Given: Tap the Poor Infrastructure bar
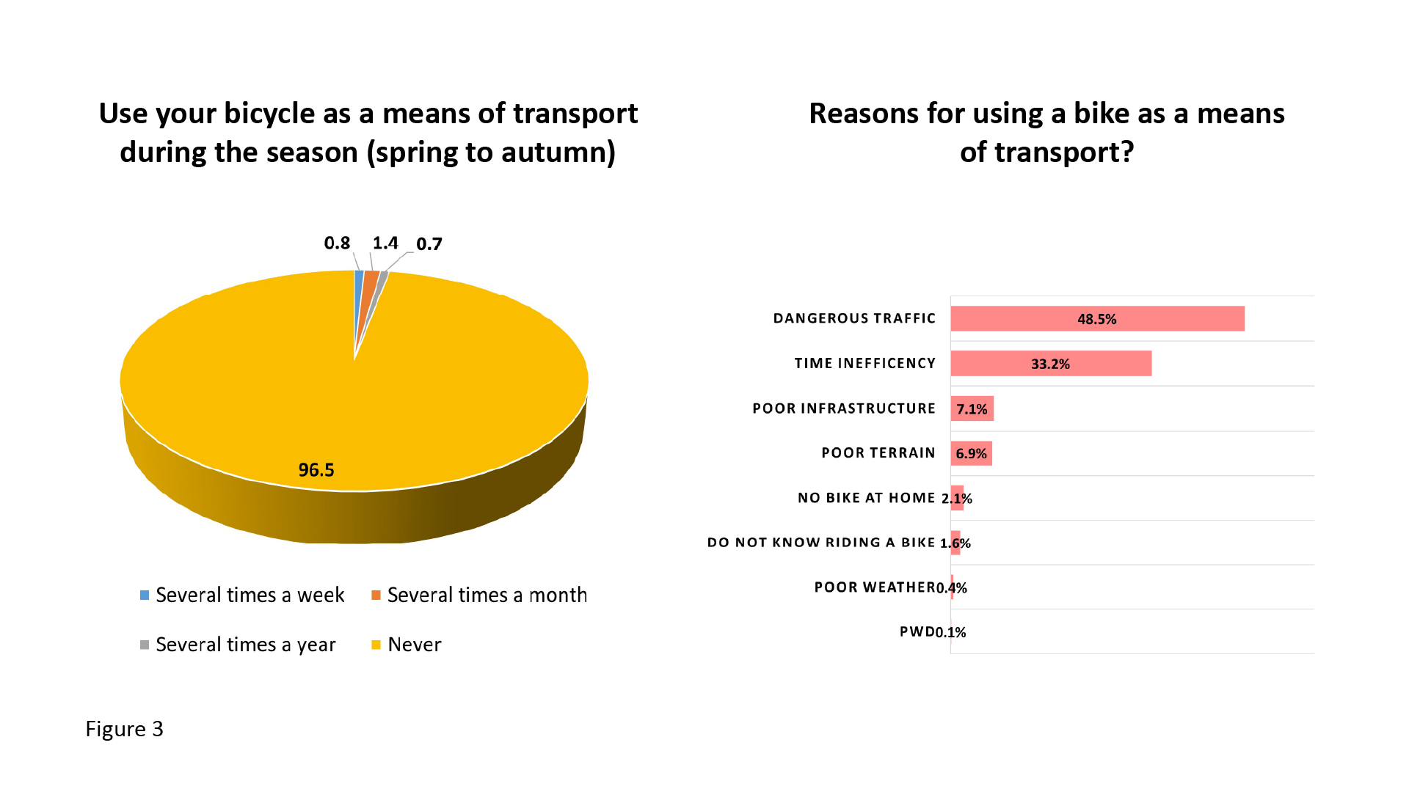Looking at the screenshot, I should [972, 409].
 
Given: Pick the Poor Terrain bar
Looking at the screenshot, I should [971, 454].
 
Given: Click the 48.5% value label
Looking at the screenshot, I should [1096, 319].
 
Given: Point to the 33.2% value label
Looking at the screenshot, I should [1050, 364].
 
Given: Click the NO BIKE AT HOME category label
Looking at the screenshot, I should [866, 498].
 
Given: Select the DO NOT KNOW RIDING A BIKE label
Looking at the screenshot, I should [820, 543].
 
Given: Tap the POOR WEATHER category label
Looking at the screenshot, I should [874, 587].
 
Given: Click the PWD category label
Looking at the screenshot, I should [917, 632].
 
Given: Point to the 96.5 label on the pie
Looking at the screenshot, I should [316, 470].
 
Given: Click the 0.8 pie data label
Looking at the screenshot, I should [337, 243].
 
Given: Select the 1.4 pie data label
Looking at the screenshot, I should [385, 243].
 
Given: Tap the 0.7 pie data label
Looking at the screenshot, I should [429, 244].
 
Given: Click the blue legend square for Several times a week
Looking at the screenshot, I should [145, 595].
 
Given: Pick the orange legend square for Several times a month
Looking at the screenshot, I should [376, 595].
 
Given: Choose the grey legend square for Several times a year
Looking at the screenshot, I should [145, 645].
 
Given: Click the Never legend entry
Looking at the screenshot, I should [414, 645].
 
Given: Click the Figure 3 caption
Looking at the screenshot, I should [124, 729].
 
